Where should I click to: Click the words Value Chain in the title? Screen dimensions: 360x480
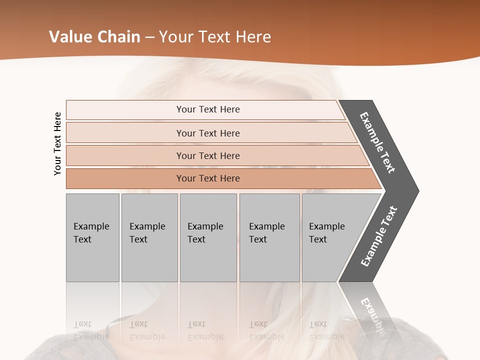click(94, 37)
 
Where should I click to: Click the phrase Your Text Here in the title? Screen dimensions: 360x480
click(215, 37)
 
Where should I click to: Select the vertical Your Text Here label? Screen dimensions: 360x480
click(57, 143)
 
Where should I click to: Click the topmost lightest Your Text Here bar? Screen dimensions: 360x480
click(208, 109)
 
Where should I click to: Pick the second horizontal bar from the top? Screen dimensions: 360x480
click(208, 133)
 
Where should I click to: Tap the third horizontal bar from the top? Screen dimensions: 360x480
click(208, 155)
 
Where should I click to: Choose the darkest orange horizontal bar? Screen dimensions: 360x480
click(208, 178)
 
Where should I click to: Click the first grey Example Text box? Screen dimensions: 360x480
click(92, 237)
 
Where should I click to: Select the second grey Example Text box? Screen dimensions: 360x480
click(149, 237)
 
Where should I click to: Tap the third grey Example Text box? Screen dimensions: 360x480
click(208, 237)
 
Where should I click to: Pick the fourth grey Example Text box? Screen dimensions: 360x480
click(269, 237)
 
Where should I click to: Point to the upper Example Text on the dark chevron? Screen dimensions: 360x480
click(378, 142)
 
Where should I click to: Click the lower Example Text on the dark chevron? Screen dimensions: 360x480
click(379, 236)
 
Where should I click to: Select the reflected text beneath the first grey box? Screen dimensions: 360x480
click(91, 330)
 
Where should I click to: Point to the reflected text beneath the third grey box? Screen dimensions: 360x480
click(205, 330)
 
